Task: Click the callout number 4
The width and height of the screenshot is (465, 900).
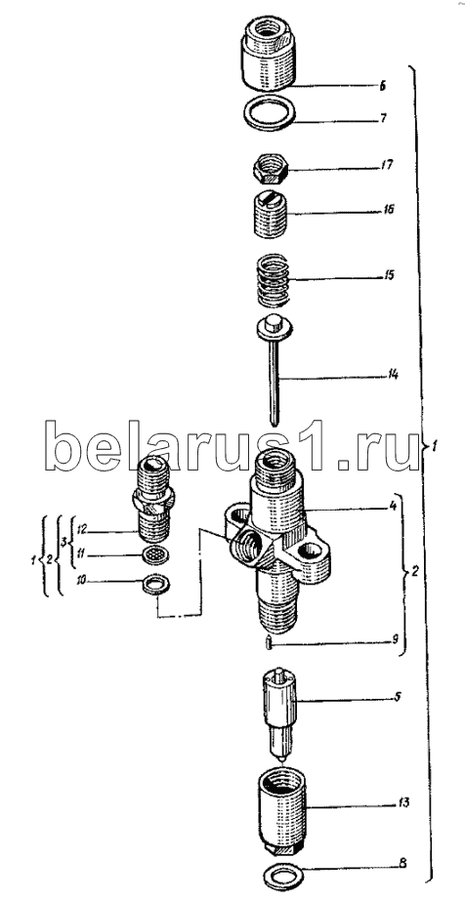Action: coord(392,508)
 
